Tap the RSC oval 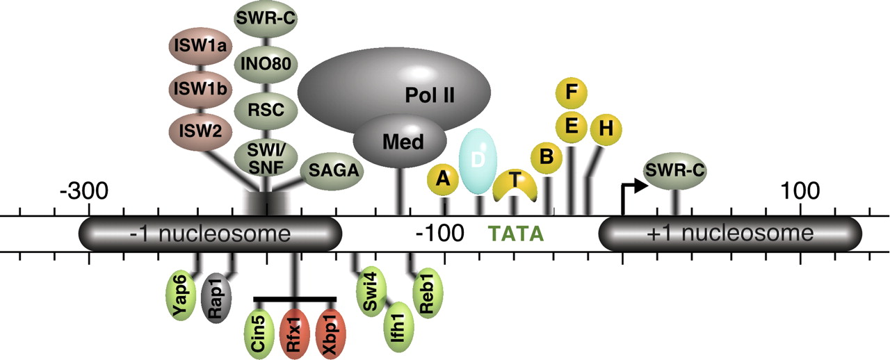click(266, 109)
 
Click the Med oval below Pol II click(400, 142)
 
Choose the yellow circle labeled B click(547, 158)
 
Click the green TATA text click(515, 234)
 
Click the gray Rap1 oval click(213, 300)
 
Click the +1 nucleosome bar click(730, 234)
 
